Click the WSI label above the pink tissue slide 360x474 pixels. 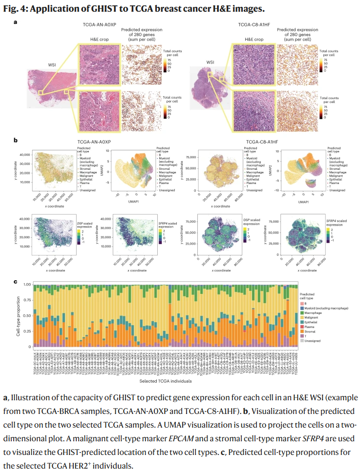tap(52, 64)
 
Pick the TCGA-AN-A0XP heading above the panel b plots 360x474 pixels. tap(94, 141)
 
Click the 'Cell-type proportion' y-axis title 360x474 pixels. tap(18, 315)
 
